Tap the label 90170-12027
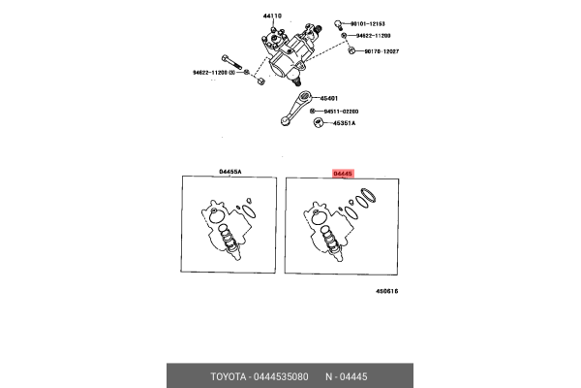(379, 51)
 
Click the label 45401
(330, 98)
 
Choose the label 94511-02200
(343, 112)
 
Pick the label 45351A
(343, 123)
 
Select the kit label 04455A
(230, 172)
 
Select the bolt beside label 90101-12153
(338, 21)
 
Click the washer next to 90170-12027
(345, 51)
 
